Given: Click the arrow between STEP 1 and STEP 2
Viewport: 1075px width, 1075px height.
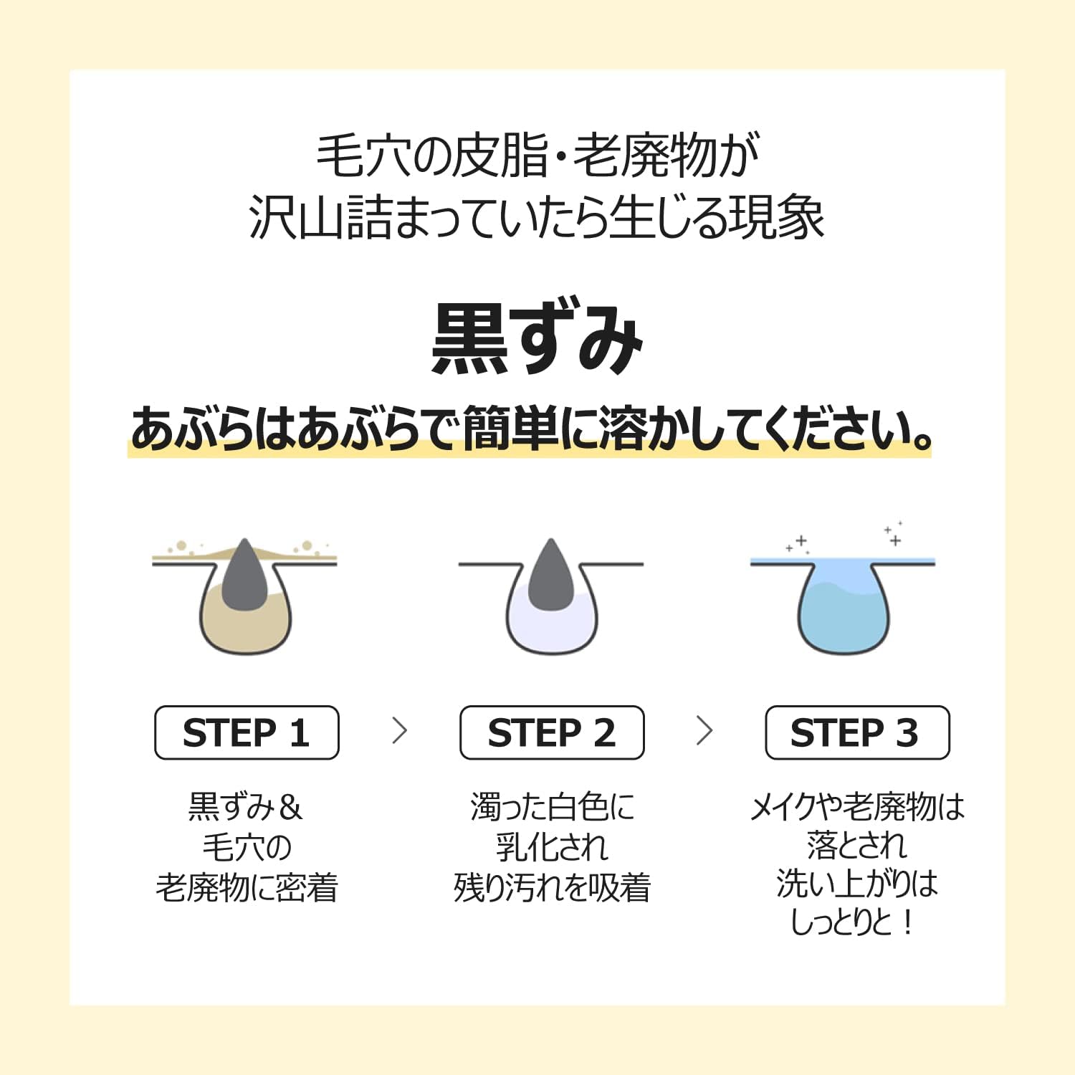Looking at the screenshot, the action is [x=400, y=731].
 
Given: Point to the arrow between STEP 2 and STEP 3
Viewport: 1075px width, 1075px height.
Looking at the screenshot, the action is [x=705, y=731].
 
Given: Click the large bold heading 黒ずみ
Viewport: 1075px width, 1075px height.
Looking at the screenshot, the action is [x=537, y=338].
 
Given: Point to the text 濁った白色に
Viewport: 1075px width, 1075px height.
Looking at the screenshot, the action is [x=553, y=808].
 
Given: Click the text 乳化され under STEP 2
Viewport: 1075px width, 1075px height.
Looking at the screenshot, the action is [x=552, y=848].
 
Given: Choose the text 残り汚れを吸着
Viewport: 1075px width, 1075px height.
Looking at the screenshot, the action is [x=552, y=888].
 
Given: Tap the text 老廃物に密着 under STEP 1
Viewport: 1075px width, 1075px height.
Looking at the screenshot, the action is [x=247, y=888].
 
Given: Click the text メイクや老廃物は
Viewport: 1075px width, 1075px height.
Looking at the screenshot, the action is [x=857, y=808].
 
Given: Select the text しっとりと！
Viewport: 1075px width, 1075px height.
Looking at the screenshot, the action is [x=853, y=922].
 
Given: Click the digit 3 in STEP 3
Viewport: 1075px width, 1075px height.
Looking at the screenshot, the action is [x=907, y=733].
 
